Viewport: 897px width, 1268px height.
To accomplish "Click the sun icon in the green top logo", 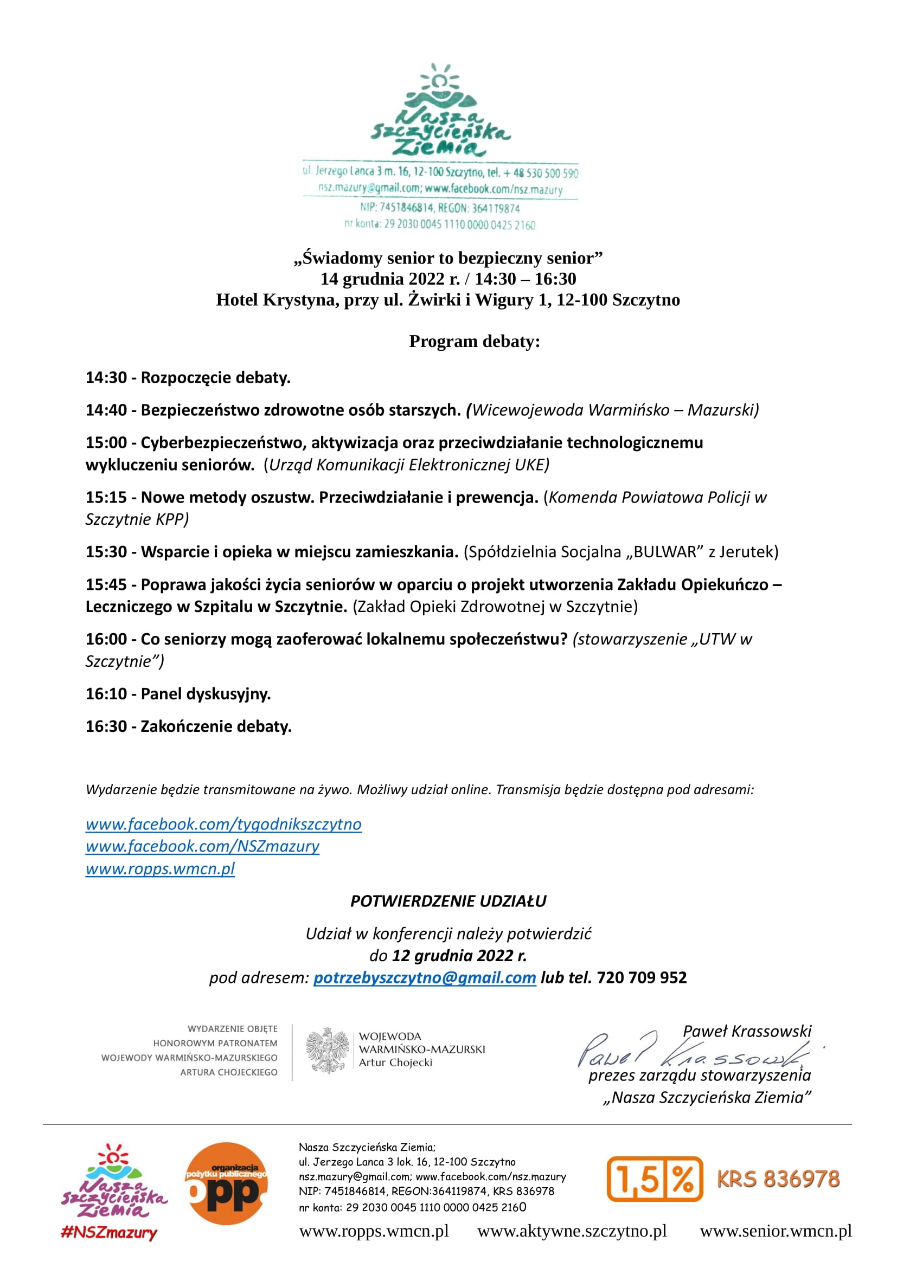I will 440,81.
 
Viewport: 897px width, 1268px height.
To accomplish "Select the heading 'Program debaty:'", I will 475,342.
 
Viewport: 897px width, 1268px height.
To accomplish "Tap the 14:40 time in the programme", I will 106,410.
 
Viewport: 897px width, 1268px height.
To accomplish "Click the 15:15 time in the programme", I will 106,497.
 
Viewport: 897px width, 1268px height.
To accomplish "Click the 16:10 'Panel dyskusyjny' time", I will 106,694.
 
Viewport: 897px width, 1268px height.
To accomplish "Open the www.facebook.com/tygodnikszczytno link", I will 223,825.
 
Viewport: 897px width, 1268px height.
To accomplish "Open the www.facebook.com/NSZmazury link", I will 202,847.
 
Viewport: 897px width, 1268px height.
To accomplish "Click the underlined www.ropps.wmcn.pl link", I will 159,868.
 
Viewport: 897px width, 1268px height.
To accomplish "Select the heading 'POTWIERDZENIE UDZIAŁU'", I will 448,901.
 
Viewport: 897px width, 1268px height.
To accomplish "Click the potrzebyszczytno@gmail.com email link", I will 425,977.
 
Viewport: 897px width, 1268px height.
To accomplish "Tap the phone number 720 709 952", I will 642,977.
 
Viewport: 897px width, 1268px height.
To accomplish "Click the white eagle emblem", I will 327,1051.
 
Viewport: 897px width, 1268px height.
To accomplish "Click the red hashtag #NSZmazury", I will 109,1233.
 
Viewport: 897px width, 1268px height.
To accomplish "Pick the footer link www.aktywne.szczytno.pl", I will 572,1231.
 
